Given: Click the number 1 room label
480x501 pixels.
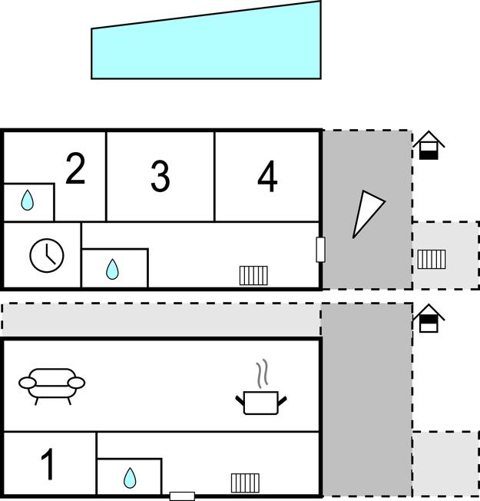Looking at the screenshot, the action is pos(48,464).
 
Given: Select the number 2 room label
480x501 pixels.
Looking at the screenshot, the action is pos(75,168).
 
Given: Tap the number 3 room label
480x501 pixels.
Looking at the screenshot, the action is pos(160,176).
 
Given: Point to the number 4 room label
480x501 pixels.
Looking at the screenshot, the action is pos(267,176).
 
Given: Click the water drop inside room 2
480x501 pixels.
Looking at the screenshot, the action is pos(27,201).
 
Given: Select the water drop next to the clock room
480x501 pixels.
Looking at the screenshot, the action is pos(112,270).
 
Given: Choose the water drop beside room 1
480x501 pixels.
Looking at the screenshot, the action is pos(130,478).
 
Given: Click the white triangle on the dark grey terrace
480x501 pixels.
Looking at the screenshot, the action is pos(366,214).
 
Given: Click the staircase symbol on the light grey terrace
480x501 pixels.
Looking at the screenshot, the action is pos(432,260).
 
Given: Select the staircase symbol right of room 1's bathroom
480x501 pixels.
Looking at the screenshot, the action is pos(245,483).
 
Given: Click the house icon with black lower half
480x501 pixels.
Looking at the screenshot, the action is pos(429,145).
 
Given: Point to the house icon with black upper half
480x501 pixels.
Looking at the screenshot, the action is pos(429,318).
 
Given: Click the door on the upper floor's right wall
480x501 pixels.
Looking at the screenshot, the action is pos(320,250).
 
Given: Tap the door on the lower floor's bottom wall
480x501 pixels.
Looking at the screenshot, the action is pos(182,496).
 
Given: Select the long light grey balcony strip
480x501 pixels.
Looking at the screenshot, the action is pos(161,320).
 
